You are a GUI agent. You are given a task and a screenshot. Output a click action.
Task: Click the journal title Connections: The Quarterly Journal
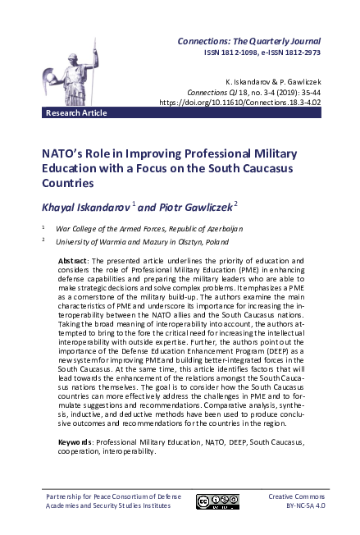click(x=250, y=41)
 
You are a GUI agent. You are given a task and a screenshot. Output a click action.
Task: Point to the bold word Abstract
click(x=73, y=260)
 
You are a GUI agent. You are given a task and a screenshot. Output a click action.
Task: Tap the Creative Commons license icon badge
click(x=216, y=501)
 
